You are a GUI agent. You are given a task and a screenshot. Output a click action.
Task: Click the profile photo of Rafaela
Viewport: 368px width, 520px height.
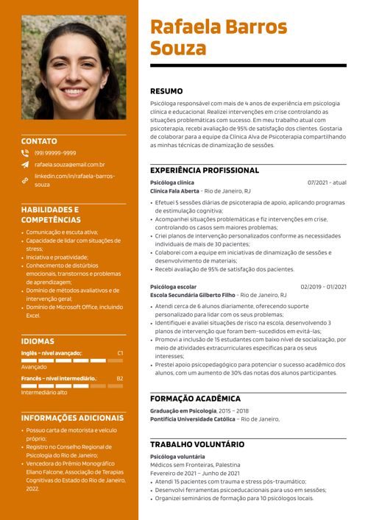click(74, 67)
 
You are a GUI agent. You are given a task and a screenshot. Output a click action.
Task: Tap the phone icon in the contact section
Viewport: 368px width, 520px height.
click(25, 153)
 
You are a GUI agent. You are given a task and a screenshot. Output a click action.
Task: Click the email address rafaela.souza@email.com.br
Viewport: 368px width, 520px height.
click(69, 165)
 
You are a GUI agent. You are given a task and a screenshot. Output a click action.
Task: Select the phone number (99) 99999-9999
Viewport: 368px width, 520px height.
click(55, 153)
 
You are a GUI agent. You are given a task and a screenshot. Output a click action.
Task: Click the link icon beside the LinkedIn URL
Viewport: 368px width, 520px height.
click(25, 180)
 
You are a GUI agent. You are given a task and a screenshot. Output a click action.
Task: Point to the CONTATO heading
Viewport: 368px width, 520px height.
click(39, 140)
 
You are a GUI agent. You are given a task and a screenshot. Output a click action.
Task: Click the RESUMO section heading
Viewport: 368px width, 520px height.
click(166, 91)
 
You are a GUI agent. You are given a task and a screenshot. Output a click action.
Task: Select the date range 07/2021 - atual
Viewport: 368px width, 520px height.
click(327, 182)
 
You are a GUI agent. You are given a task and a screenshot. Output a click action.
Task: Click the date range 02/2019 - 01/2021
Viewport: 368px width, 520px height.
click(323, 287)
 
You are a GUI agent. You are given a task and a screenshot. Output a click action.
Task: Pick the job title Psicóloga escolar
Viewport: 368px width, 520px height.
click(173, 287)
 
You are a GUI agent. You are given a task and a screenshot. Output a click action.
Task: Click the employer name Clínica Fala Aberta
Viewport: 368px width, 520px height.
click(174, 190)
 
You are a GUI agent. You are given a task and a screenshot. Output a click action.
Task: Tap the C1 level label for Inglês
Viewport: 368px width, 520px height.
click(120, 353)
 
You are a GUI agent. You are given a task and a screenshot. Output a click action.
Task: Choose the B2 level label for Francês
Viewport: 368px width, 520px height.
click(120, 379)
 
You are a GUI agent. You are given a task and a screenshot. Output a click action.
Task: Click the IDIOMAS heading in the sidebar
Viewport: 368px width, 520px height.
click(38, 341)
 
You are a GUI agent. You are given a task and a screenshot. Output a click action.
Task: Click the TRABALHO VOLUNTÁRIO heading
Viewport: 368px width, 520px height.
click(197, 444)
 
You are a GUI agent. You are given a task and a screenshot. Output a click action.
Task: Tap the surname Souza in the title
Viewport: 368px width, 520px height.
click(178, 49)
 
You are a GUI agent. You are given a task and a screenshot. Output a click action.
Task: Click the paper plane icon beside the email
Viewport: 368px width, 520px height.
click(25, 165)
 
